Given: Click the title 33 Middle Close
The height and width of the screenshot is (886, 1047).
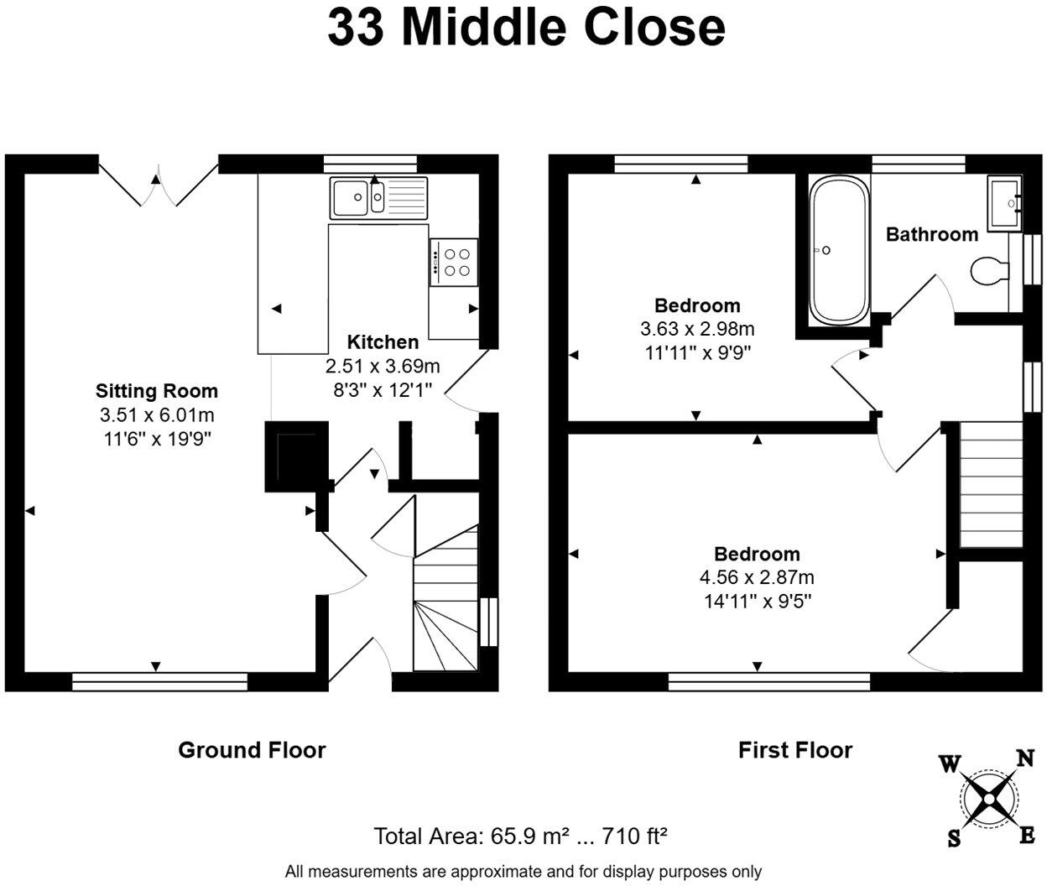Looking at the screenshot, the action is click(526, 29).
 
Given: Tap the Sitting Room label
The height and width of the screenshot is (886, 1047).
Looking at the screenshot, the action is click(157, 391).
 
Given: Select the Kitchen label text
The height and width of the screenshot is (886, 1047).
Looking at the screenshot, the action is click(383, 342).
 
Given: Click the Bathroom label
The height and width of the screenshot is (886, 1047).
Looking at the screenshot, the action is click(931, 235).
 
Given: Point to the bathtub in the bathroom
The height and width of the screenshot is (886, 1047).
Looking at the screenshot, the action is click(839, 250).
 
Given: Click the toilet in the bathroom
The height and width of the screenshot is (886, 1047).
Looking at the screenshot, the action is click(990, 271).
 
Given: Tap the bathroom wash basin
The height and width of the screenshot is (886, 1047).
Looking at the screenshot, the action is click(1004, 203).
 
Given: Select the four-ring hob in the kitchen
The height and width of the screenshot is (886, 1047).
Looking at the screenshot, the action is click(454, 262).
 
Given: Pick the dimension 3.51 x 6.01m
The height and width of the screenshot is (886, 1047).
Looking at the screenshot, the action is click(157, 415).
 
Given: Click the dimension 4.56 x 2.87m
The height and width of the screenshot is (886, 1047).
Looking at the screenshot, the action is click(757, 577).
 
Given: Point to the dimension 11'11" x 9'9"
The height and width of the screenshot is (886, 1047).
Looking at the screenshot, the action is click(697, 352).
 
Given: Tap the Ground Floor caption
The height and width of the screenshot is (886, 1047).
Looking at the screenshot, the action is click(252, 750).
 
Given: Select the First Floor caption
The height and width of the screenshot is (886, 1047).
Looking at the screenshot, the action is click(795, 750).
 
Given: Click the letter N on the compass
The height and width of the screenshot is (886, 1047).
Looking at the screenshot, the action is click(1024, 758).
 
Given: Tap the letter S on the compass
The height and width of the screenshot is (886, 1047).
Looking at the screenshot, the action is click(954, 838).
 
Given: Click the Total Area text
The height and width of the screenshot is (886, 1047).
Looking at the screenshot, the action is click(520, 836).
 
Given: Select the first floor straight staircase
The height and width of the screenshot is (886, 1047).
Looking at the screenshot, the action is click(991, 485).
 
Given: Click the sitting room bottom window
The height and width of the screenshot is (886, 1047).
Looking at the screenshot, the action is click(159, 682).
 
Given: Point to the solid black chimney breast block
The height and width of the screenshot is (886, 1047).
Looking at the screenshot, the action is click(297, 456).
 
